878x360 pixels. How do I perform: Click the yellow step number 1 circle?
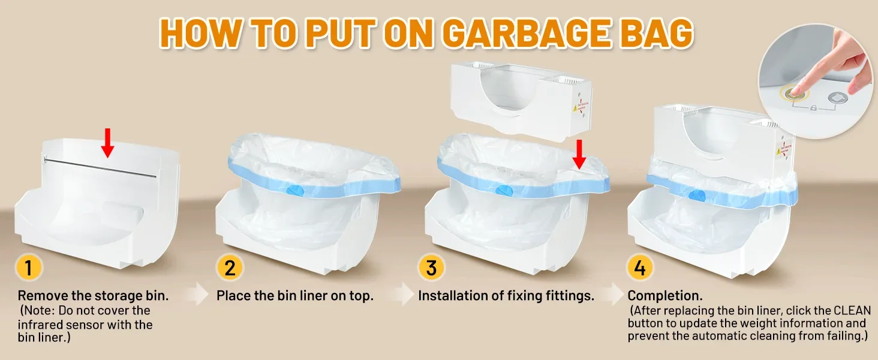(x=29, y=268)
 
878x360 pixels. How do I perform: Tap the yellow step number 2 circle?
(x=230, y=268)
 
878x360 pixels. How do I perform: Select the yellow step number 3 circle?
(x=431, y=268)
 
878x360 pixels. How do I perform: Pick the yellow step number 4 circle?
(x=640, y=268)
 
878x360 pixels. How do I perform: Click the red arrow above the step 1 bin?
(x=107, y=143)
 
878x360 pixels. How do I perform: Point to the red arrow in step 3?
(x=579, y=155)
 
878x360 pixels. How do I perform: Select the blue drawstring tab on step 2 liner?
(x=294, y=191)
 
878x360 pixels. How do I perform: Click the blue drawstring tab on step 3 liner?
(x=504, y=191)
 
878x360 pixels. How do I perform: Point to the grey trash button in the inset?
(x=838, y=98)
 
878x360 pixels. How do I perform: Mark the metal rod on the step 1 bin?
(x=100, y=167)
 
